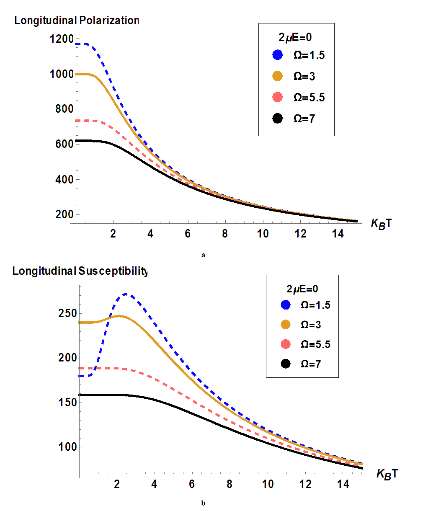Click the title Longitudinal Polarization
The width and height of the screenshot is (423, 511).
(76, 21)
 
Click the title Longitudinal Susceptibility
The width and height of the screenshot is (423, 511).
(80, 271)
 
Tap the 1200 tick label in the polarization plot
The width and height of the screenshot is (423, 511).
(61, 39)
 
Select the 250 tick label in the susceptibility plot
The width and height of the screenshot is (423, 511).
(67, 313)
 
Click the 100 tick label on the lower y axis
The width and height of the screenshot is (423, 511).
(67, 447)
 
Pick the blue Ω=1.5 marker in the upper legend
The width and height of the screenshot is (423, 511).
(277, 55)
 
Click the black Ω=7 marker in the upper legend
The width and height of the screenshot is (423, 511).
(277, 119)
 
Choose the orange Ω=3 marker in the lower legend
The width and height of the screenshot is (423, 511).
(286, 325)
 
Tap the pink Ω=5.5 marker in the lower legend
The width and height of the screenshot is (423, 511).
(286, 344)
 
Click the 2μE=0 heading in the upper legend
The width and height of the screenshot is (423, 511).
(295, 37)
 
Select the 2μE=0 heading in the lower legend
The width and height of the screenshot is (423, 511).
(302, 289)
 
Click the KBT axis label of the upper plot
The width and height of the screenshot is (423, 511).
(381, 223)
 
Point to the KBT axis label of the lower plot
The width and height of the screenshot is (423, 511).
(387, 474)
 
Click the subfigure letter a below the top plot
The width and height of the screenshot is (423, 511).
(203, 255)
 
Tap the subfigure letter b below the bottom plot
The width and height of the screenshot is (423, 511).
(203, 503)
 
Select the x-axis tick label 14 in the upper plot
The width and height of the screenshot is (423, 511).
(338, 234)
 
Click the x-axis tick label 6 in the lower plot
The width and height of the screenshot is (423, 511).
(192, 484)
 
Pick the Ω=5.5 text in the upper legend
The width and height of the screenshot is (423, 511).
(309, 98)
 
